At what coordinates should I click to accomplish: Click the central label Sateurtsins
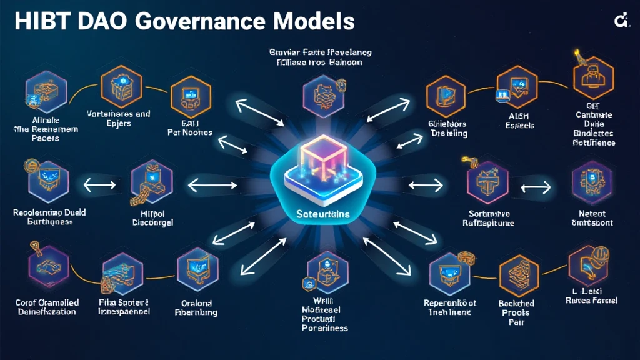pos(319,214)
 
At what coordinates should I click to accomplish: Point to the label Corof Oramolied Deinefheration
pos(46,306)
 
